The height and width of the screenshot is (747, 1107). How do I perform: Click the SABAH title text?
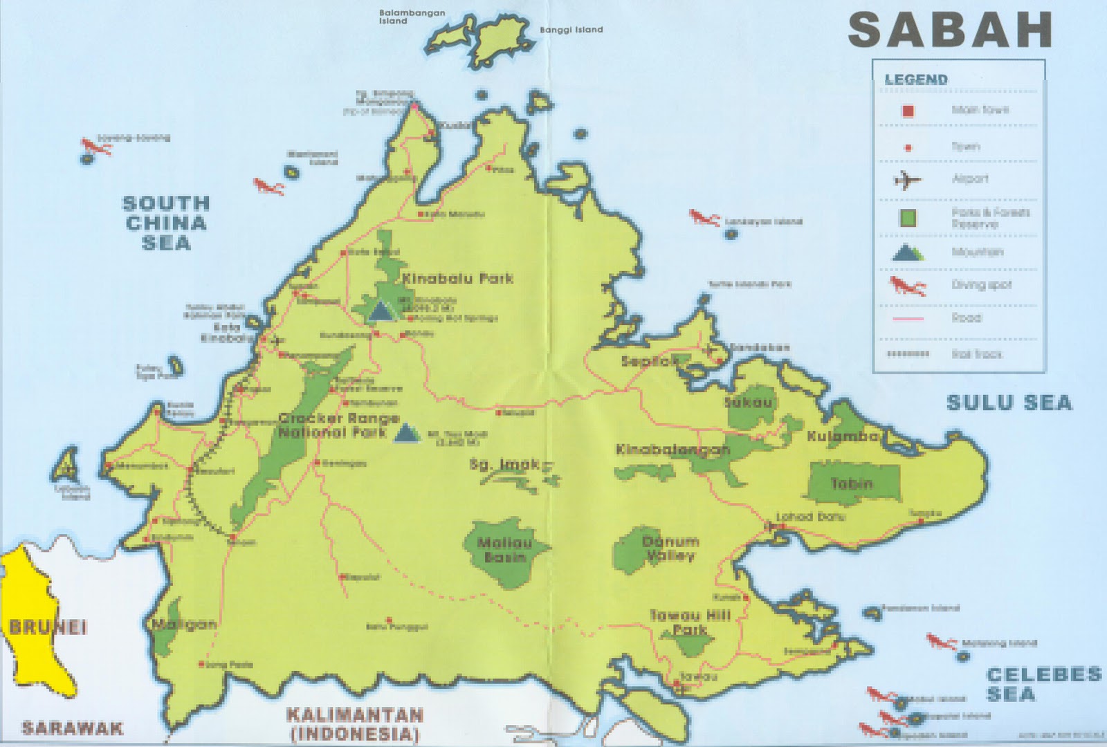coord(949,30)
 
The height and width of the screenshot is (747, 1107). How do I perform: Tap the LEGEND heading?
coord(915,80)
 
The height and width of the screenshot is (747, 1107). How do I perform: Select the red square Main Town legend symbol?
coord(908,111)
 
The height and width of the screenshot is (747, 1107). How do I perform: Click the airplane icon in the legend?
coord(907,181)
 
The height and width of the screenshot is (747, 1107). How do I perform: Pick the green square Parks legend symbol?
coord(908,218)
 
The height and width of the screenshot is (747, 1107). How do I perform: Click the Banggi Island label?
coord(571,30)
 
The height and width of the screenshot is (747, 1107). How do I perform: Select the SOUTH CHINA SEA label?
coord(165,223)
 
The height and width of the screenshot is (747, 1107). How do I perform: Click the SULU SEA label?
coord(1009,403)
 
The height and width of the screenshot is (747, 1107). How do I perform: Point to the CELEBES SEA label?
coord(1043,684)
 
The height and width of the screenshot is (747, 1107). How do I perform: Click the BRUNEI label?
coord(48,627)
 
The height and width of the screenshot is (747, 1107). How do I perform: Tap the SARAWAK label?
coord(72,728)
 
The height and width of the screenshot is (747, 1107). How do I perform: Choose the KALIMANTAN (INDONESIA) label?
coord(355,723)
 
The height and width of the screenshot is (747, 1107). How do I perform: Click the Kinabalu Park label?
coord(457,279)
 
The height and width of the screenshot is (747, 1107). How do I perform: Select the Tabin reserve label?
coord(852,483)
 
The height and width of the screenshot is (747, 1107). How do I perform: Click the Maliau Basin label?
coord(505,550)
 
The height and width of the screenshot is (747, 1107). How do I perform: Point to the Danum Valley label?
coord(670,548)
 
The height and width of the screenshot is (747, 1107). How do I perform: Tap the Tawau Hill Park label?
coord(690,622)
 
